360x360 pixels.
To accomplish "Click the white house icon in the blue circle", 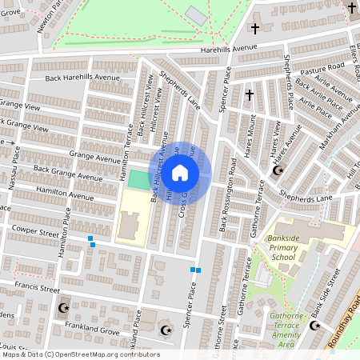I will click(180, 172).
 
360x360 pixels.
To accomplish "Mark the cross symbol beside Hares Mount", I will click(249, 95).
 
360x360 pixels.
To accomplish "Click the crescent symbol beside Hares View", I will click(278, 170).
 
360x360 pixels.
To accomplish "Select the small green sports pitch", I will click(138, 179).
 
